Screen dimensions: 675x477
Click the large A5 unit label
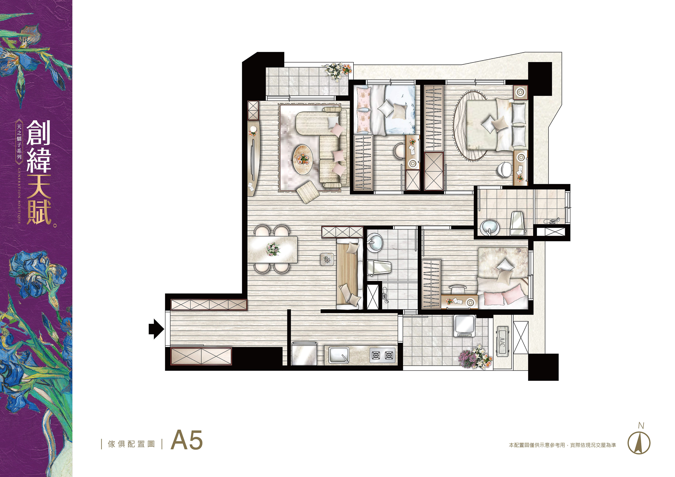187,440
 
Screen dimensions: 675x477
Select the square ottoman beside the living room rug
308,192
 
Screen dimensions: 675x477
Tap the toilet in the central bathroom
379,267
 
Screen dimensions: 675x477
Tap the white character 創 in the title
39,133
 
